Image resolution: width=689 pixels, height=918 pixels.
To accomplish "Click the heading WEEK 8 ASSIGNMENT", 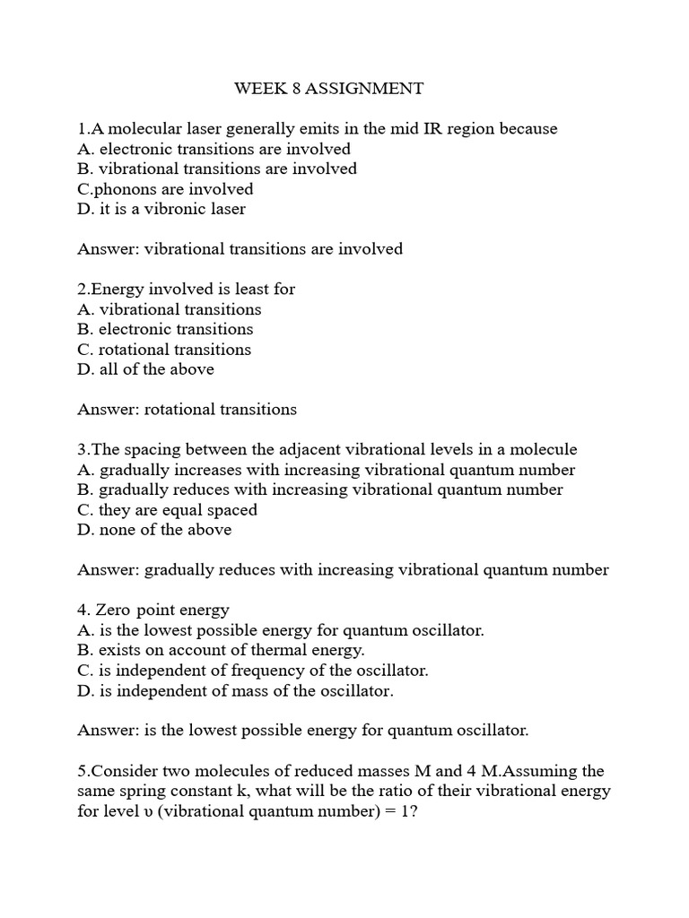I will click(x=328, y=89).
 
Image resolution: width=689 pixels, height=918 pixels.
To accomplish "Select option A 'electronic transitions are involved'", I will click(x=214, y=149).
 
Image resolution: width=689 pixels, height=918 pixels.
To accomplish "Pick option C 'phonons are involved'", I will click(x=165, y=189).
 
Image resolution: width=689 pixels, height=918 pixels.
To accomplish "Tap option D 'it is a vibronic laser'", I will click(x=161, y=209).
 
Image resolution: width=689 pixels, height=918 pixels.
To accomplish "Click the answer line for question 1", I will click(x=240, y=249).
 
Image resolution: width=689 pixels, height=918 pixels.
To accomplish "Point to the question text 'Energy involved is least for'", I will click(x=187, y=290).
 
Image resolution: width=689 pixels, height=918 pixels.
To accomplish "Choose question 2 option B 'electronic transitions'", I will click(x=165, y=329).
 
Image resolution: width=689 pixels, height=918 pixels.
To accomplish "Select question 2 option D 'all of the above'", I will click(x=145, y=369).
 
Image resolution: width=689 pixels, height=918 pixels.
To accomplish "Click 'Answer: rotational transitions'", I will click(x=187, y=410).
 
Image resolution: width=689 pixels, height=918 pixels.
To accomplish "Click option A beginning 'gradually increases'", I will click(x=327, y=470).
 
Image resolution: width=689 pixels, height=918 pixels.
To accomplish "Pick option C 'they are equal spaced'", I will click(x=167, y=510).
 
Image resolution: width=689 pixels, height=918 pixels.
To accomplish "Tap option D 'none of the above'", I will click(x=154, y=530).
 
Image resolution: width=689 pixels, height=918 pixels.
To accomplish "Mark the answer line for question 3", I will click(x=343, y=570).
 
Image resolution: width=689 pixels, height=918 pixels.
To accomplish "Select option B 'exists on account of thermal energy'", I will click(x=221, y=650).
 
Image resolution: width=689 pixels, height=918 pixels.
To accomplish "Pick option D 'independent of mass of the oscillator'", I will click(x=235, y=690).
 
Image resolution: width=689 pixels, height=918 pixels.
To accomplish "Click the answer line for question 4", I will click(x=303, y=731).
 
